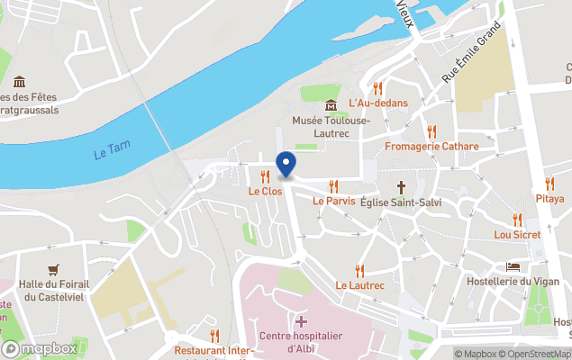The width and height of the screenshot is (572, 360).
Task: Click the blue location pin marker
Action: (x=286, y=165)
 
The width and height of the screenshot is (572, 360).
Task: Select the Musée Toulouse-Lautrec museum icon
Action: (x=331, y=105)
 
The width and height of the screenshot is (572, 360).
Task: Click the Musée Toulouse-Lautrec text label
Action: (x=331, y=126)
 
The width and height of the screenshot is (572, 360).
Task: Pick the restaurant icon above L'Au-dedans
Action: (x=377, y=88)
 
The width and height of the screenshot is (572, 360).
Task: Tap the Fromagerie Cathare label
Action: (x=431, y=146)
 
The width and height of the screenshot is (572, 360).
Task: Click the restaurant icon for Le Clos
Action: (x=265, y=176)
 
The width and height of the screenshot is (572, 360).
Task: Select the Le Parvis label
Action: (x=333, y=201)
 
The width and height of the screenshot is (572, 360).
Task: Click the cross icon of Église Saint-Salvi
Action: (x=401, y=187)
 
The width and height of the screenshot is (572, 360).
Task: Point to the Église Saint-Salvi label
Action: (x=401, y=202)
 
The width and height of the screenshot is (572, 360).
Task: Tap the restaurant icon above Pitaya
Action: (x=549, y=184)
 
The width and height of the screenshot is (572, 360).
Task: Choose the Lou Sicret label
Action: (x=517, y=234)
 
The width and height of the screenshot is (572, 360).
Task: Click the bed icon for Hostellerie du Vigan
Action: (x=513, y=266)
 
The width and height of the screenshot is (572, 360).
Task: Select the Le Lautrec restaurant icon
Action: (x=359, y=270)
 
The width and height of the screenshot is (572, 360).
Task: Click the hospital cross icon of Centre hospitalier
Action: (x=300, y=321)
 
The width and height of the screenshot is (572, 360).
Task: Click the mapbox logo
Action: (x=40, y=348)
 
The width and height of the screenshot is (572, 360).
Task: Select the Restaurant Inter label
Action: (x=211, y=350)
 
